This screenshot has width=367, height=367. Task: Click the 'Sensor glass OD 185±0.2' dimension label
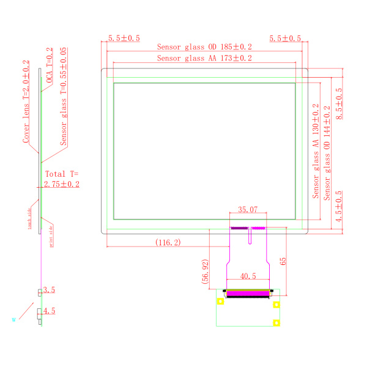204,46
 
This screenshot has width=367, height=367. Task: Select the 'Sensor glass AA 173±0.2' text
204,58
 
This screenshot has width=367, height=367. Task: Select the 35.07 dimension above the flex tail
248,210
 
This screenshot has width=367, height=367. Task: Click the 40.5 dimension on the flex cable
248,276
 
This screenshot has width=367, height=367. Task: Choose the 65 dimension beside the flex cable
283,261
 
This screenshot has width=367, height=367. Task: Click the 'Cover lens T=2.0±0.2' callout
26,102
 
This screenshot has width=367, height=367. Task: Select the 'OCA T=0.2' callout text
50,67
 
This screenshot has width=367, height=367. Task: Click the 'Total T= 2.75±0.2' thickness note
61,179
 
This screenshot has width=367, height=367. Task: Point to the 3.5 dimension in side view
50,290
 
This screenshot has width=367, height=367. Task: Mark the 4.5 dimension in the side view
50,311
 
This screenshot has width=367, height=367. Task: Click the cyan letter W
13,319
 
